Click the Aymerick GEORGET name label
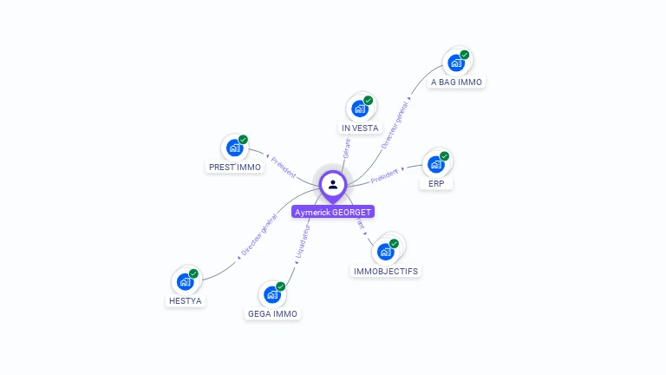pyautogui.click(x=333, y=212)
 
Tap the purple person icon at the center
pyautogui.click(x=333, y=184)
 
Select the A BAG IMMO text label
pyautogui.click(x=457, y=82)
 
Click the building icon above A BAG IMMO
pyautogui.click(x=456, y=62)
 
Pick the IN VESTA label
pyautogui.click(x=360, y=128)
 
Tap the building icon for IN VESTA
pyautogui.click(x=360, y=109)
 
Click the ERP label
pyautogui.click(x=435, y=184)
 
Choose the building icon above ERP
pyautogui.click(x=436, y=164)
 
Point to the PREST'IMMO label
pyautogui.click(x=235, y=167)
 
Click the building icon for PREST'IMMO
pyautogui.click(x=235, y=148)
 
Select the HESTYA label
pyautogui.click(x=186, y=301)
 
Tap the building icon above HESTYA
pyautogui.click(x=186, y=281)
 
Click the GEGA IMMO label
pyautogui.click(x=272, y=314)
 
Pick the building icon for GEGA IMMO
pyautogui.click(x=272, y=294)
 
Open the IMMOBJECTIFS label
pyautogui.click(x=386, y=271)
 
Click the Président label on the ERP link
pyautogui.click(x=384, y=176)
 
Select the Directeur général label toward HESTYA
pyautogui.click(x=258, y=239)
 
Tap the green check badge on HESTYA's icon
pyautogui.click(x=193, y=273)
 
